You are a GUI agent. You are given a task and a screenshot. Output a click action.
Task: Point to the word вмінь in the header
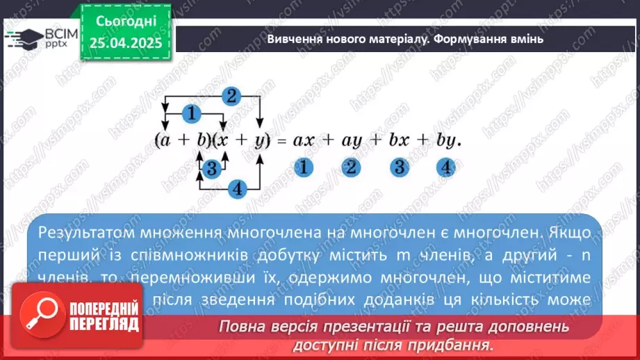pyautogui.click(x=527, y=39)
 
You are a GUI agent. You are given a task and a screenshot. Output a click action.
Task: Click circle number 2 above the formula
pyautogui.click(x=232, y=97)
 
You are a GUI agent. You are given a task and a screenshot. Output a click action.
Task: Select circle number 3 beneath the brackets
pyautogui.click(x=212, y=167)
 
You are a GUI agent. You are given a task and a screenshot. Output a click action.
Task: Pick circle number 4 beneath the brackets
pyautogui.click(x=238, y=188)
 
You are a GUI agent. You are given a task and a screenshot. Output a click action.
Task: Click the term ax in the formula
pyautogui.click(x=304, y=140)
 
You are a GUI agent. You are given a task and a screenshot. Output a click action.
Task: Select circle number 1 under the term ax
pyautogui.click(x=303, y=167)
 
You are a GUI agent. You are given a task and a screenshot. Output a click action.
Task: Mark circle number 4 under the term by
pyautogui.click(x=446, y=167)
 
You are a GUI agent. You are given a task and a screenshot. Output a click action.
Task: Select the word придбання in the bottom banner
pyautogui.click(x=452, y=344)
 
